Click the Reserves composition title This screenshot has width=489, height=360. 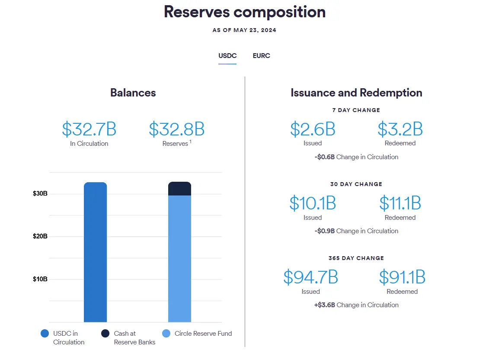coord(244,12)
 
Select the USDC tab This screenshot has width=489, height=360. coord(227,56)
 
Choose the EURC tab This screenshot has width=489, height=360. coord(261,56)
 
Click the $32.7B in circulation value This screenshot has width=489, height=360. coord(89,129)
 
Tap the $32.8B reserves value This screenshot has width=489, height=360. coord(176,129)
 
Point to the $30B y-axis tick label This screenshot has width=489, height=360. coord(40,193)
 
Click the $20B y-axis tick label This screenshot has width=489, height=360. coord(40,236)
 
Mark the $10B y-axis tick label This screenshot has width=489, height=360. coord(40,279)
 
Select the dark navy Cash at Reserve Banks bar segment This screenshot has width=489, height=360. coord(179,189)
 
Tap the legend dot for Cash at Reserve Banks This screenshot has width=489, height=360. coord(105,334)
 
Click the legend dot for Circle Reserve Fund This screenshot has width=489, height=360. coord(166,334)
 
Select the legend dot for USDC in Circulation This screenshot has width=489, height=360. coord(45,334)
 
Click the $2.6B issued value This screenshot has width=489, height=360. coord(313,129)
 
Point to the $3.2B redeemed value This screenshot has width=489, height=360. coord(400,129)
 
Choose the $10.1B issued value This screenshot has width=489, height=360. coord(313,203)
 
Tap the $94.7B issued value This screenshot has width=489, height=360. coord(310,277)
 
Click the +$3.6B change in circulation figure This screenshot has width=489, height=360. coord(325,305)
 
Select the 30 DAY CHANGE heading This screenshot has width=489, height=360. coord(356,184)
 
